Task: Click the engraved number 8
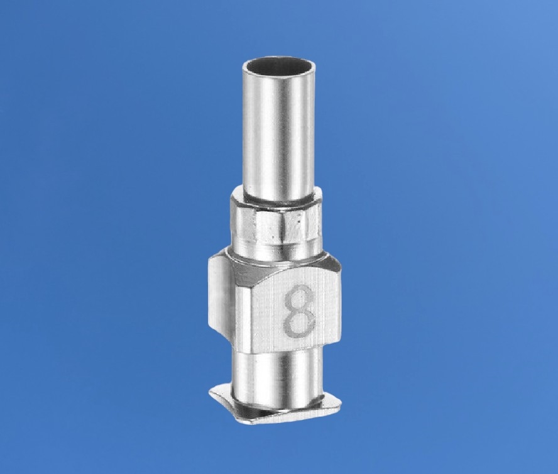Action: (x=299, y=310)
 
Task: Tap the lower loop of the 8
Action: (x=299, y=322)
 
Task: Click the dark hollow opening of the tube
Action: (x=278, y=65)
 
